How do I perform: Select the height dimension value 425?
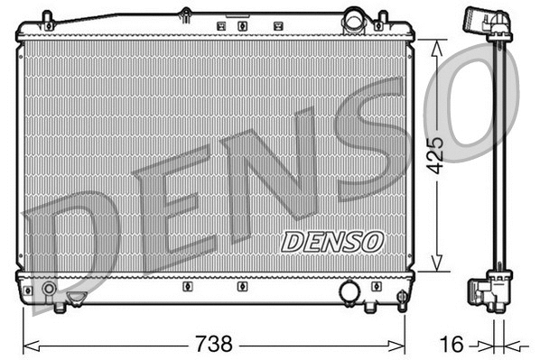click(435, 155)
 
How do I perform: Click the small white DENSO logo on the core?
click(332, 241)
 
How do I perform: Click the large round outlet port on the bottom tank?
click(349, 291)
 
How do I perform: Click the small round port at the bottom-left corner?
click(48, 290)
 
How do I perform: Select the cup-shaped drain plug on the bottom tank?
click(78, 296)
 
